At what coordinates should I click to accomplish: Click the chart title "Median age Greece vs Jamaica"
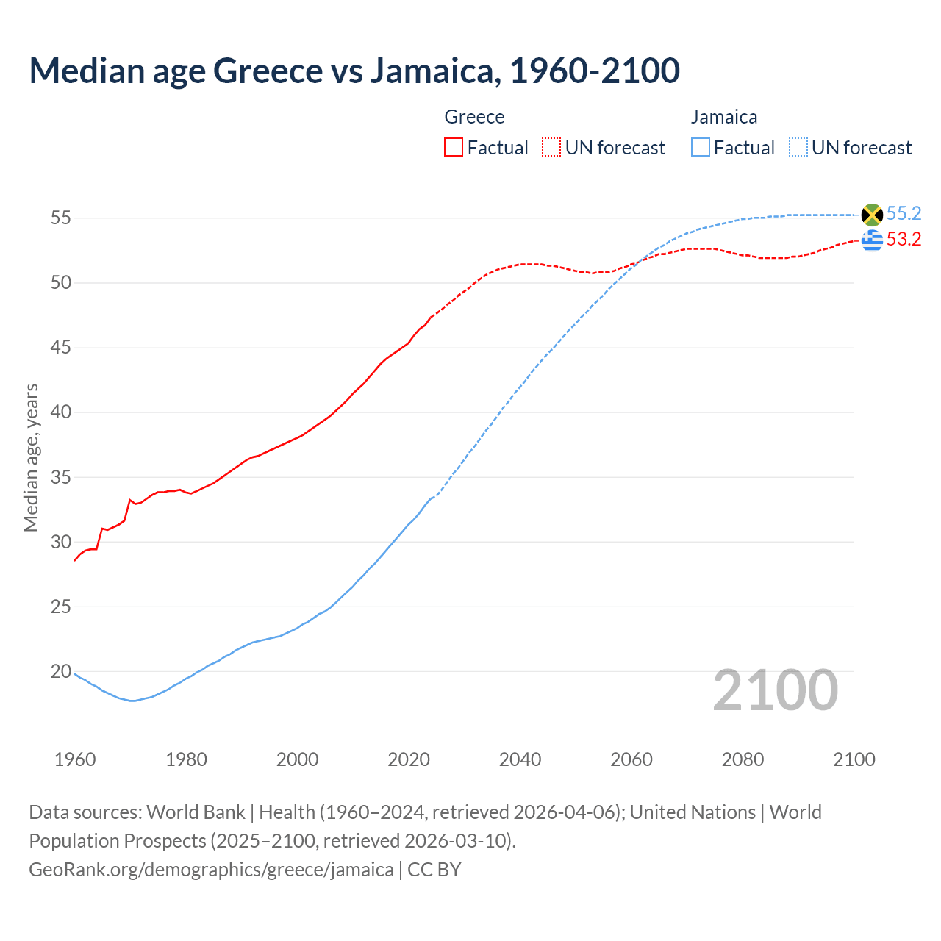click(354, 71)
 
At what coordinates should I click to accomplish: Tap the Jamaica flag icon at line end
click(872, 215)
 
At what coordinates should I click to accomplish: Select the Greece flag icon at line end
click(872, 240)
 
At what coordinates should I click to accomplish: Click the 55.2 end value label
click(904, 214)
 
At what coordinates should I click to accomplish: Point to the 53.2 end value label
click(904, 240)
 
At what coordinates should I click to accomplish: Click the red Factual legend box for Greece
click(454, 148)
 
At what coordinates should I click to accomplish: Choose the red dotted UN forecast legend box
click(551, 148)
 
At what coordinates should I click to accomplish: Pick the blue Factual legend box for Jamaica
click(701, 148)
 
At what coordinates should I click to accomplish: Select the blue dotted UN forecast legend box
click(798, 148)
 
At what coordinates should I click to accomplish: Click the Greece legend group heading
click(474, 117)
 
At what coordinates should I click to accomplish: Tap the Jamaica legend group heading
click(724, 117)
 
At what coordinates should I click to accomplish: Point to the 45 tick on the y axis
click(61, 348)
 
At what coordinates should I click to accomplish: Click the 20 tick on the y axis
click(61, 672)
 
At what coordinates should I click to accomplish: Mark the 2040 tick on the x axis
click(520, 759)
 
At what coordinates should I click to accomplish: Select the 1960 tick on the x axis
click(75, 759)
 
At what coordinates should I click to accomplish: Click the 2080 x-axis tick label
click(743, 759)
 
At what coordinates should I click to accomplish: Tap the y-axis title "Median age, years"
click(31, 457)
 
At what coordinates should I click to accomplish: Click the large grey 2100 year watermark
click(775, 690)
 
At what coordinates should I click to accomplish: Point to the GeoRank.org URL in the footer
click(211, 870)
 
